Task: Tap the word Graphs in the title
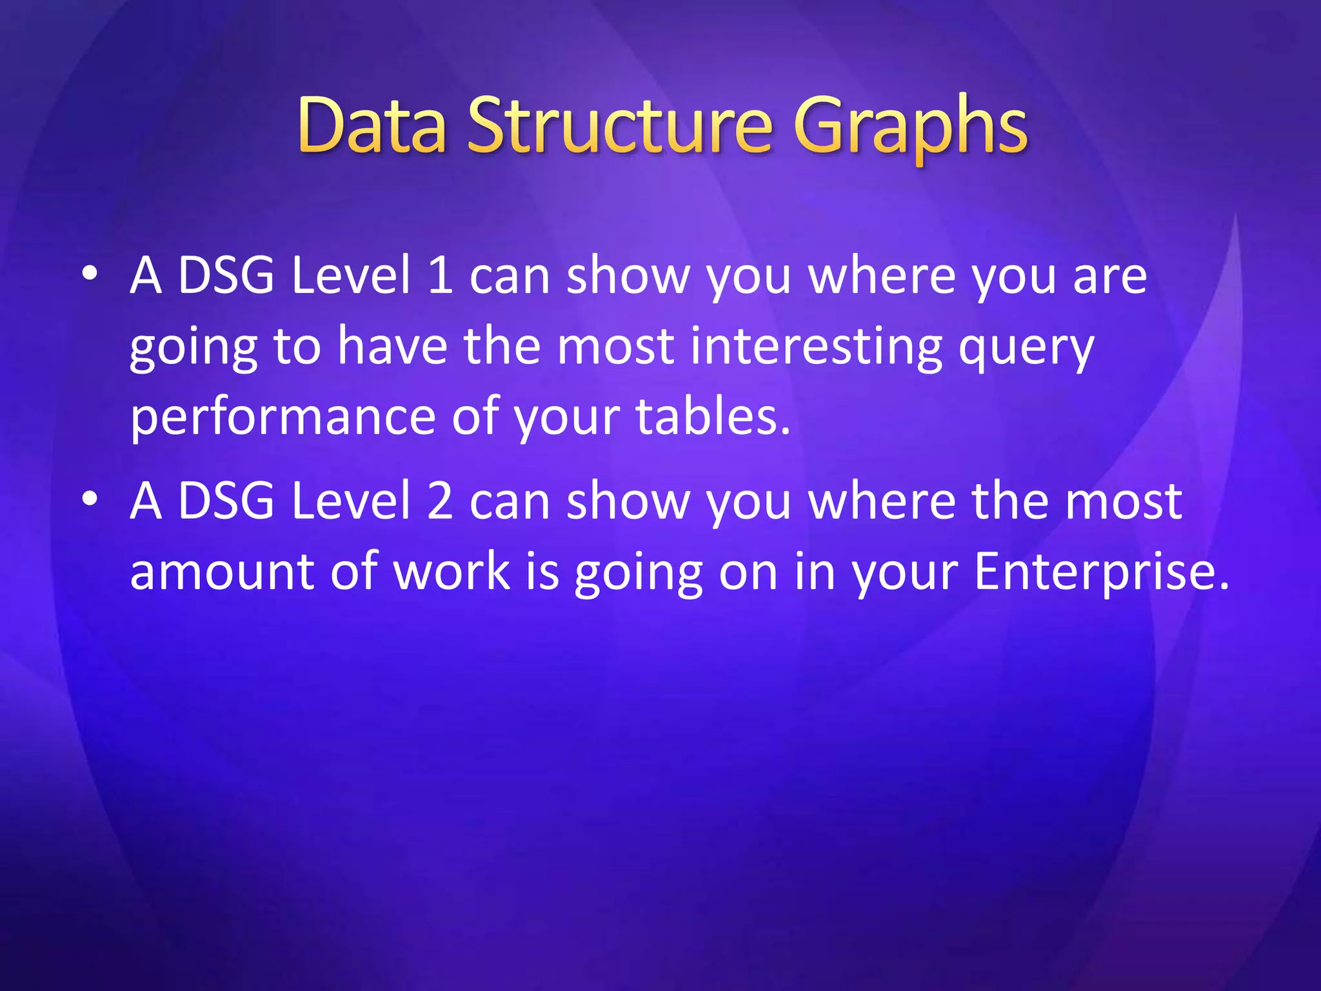(x=910, y=128)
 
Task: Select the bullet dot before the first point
(x=90, y=274)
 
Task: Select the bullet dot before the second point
(x=90, y=499)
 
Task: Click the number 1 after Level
(x=440, y=275)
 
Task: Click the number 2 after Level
(x=440, y=501)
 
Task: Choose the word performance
(x=283, y=419)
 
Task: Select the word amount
(x=222, y=572)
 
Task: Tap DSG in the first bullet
(x=226, y=275)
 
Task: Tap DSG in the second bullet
(x=226, y=501)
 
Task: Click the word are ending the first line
(x=1109, y=277)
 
